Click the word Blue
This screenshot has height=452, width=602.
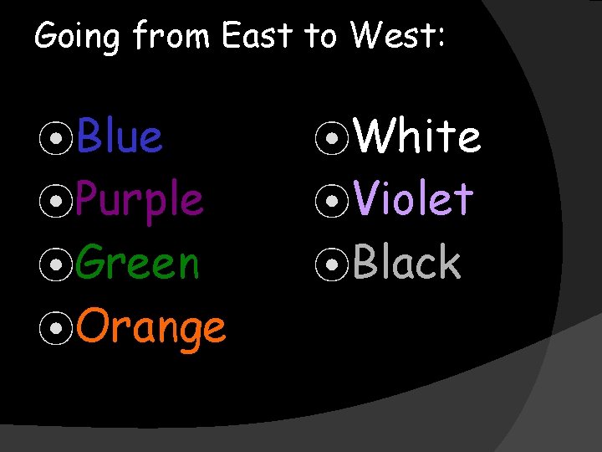click(120, 136)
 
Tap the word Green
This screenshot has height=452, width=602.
click(138, 263)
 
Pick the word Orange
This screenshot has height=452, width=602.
click(151, 326)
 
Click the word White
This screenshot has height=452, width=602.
click(417, 136)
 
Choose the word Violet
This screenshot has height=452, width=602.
click(413, 199)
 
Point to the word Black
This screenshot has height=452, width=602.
click(406, 263)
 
